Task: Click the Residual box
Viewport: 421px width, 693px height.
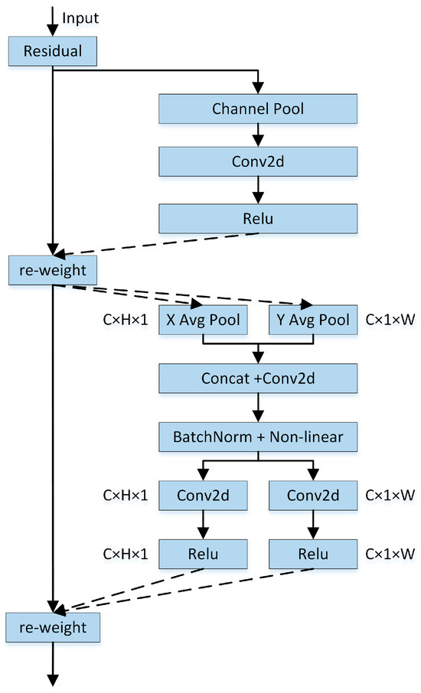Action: pos(52,52)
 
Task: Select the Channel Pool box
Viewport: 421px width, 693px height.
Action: pos(258,109)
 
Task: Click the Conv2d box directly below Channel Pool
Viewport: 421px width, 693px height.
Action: pos(258,163)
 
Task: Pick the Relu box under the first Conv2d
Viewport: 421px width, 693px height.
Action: pos(258,218)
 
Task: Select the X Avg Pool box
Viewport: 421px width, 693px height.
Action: pos(202,320)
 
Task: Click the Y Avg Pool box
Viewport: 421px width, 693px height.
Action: pos(313,320)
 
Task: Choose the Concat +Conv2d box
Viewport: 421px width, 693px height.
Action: pos(258,377)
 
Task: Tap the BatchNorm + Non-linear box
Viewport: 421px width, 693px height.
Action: pos(258,437)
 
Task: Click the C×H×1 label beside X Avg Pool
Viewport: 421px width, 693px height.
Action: pos(124,320)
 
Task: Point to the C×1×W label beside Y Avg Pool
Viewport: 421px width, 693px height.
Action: pos(391,320)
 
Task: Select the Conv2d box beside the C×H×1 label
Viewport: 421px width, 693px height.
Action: pos(202,496)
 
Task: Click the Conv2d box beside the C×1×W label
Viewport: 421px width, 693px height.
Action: pos(313,496)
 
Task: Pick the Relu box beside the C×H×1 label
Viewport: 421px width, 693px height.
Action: pos(202,553)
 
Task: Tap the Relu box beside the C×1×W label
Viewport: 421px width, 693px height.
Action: pos(313,553)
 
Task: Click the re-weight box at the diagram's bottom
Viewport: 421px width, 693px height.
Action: pos(52,627)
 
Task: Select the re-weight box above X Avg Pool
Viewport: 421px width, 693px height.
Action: pos(52,270)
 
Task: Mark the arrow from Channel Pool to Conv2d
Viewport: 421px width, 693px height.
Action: pos(258,135)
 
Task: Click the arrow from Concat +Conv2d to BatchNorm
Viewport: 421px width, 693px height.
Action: pos(258,406)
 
